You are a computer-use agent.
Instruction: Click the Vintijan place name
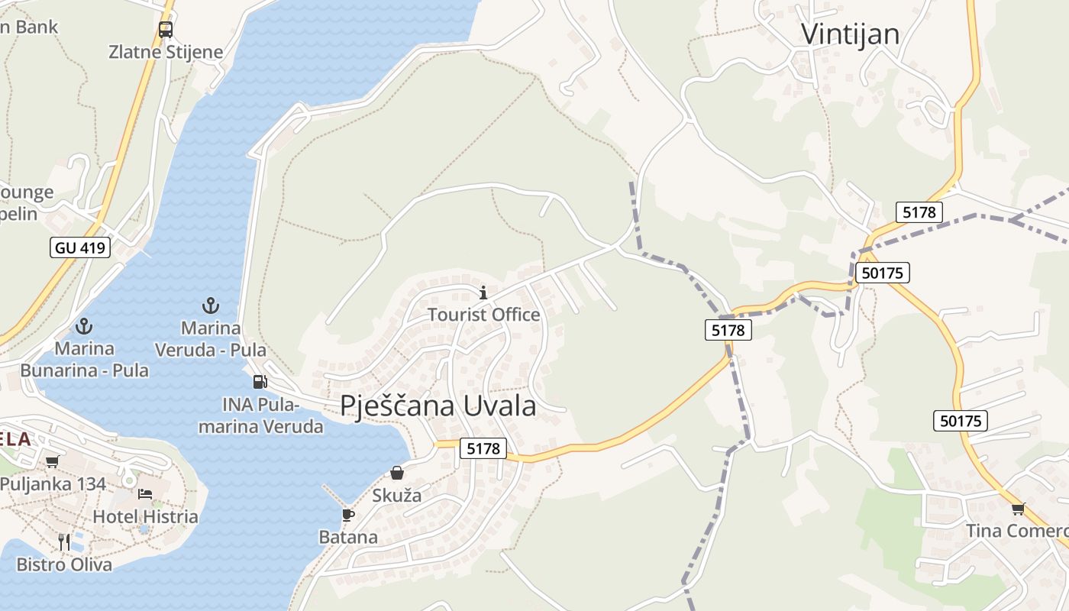click(x=850, y=34)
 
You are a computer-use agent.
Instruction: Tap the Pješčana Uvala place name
click(x=438, y=406)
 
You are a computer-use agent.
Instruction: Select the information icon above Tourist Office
click(x=483, y=293)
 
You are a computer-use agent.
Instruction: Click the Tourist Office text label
click(x=483, y=314)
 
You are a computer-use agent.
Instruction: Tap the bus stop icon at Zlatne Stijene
click(x=166, y=30)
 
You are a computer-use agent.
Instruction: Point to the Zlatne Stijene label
click(x=166, y=52)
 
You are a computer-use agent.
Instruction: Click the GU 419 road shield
click(x=81, y=247)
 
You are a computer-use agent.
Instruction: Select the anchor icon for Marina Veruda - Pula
click(x=210, y=306)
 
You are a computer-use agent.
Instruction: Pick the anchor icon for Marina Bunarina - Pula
click(x=84, y=327)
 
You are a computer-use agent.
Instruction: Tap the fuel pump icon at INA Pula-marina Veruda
click(x=260, y=381)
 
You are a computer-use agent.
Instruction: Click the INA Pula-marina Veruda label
click(x=261, y=415)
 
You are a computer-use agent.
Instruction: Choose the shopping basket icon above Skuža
click(x=397, y=473)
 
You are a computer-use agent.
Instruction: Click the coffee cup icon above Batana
click(x=348, y=515)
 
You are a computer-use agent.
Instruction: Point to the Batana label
click(x=348, y=537)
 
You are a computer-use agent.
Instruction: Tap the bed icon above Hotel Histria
click(x=145, y=494)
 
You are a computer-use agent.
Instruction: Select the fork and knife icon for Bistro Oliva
click(x=64, y=541)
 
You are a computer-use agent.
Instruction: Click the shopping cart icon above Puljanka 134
click(x=52, y=461)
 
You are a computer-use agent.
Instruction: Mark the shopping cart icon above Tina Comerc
click(x=1017, y=509)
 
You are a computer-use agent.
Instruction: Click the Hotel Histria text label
click(x=145, y=516)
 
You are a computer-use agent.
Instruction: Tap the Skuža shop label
click(x=396, y=495)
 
